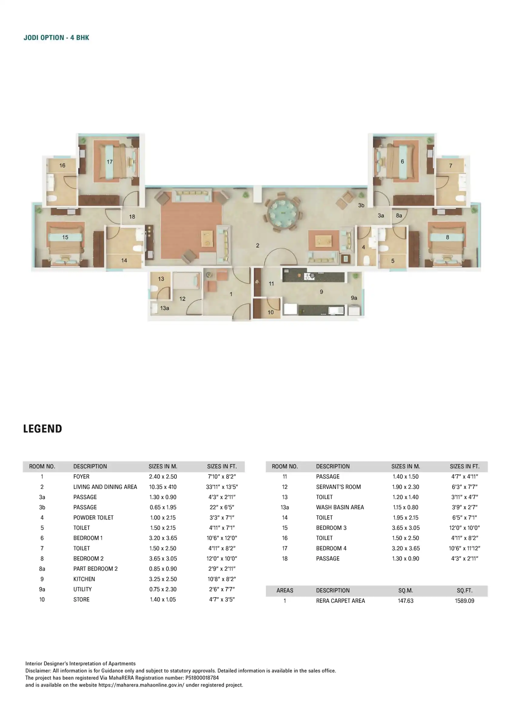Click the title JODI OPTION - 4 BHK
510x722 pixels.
coord(57,38)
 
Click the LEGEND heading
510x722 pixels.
coord(43,429)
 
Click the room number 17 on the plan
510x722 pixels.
coord(110,162)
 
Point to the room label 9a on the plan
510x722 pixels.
coord(354,298)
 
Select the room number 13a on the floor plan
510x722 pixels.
coord(165,308)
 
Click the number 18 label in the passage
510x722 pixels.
coord(132,217)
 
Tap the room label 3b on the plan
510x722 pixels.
coord(361,205)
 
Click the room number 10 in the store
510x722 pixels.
coord(270,312)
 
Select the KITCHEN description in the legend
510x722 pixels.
coord(84,579)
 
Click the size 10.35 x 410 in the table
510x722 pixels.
coord(163,487)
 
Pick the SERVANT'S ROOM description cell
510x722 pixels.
coord(338,487)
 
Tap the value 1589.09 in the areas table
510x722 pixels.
coord(465,601)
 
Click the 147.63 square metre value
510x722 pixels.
coord(406,601)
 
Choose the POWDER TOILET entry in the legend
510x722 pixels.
coord(93,518)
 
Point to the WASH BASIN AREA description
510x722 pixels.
coord(340,507)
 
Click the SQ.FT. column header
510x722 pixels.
coord(465,591)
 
